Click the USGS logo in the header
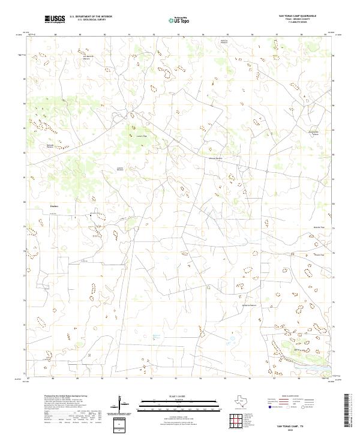tap(55, 19)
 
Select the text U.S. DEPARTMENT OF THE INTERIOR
tap(91, 16)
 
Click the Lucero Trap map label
tap(142, 136)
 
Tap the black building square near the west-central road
tap(91, 213)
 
